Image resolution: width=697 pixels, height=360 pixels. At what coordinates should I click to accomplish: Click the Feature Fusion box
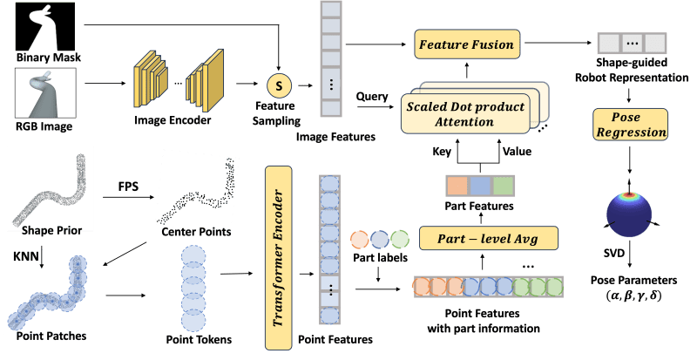tap(465, 43)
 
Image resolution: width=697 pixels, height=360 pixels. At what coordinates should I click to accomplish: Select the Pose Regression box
tap(632, 125)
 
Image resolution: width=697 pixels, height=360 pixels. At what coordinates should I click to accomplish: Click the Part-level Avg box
tap(488, 236)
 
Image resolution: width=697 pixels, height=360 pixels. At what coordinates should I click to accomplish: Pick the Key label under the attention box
tap(443, 151)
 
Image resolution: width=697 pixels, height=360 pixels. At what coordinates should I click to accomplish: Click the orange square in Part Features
tap(457, 186)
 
